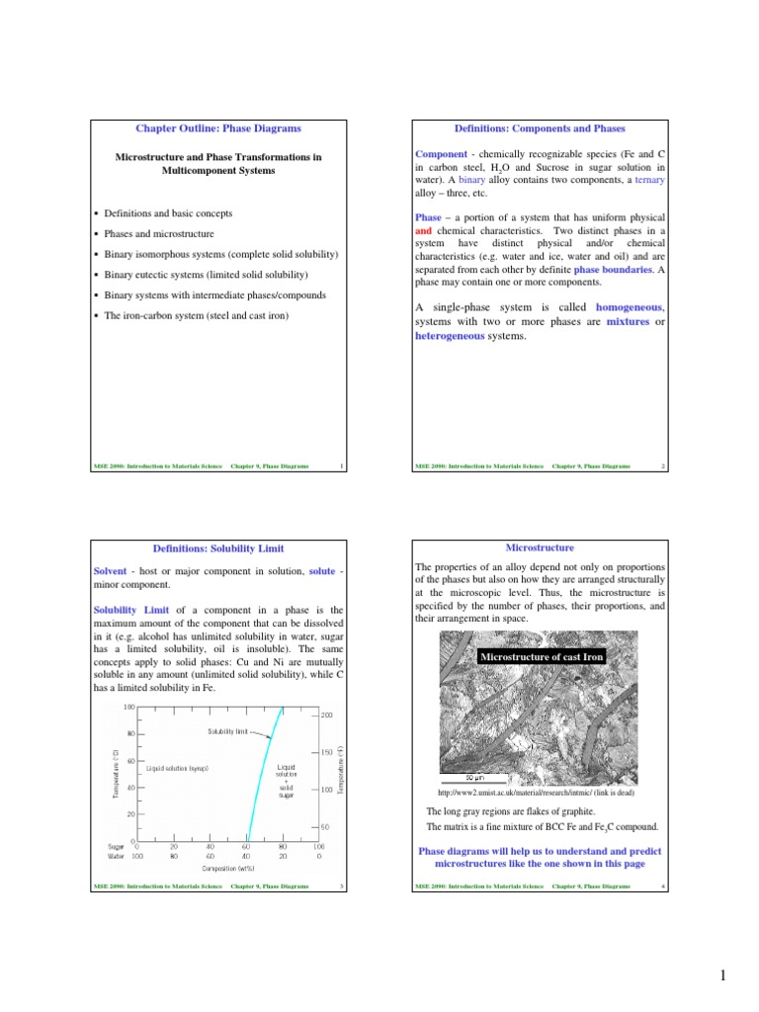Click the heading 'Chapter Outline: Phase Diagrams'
point(217,128)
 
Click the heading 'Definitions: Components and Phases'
point(540,128)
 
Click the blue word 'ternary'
point(649,182)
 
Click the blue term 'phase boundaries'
point(613,269)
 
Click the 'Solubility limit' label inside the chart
point(228,731)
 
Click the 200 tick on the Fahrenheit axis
point(327,714)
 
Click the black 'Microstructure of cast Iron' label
point(541,657)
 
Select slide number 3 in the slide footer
point(340,886)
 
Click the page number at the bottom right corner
point(723,977)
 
